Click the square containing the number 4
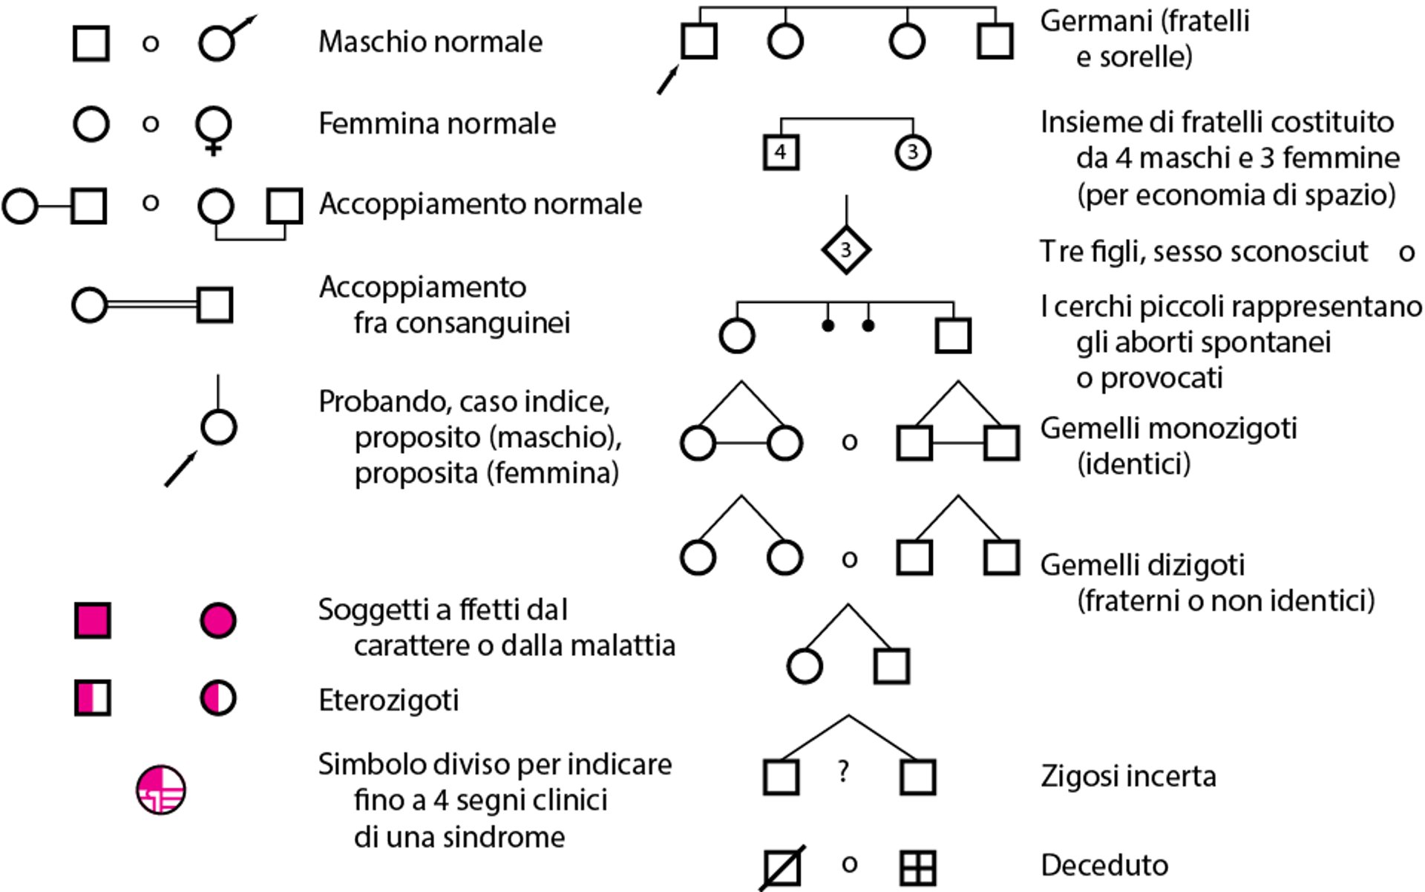[781, 152]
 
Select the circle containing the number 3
[912, 152]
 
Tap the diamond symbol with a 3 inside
[845, 250]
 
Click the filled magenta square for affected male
[93, 620]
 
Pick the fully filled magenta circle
[218, 620]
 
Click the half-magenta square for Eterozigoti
[93, 698]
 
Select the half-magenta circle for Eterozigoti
[218, 698]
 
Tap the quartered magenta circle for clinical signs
[161, 790]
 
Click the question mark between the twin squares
[843, 772]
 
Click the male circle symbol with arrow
[218, 42]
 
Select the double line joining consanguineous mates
[152, 305]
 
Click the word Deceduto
[1104, 865]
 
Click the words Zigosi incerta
[1128, 776]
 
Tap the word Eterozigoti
[388, 700]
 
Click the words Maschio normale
[430, 42]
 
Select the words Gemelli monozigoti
[1168, 429]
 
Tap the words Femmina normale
[436, 123]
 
